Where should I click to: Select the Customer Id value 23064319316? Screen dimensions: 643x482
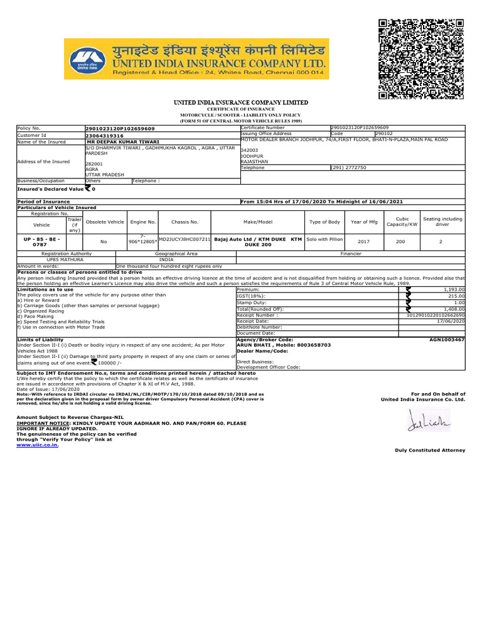[x=104, y=135]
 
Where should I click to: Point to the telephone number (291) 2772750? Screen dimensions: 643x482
[x=348, y=168]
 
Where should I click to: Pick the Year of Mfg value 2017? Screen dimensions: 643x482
[x=363, y=240]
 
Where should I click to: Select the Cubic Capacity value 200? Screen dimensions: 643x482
[x=400, y=240]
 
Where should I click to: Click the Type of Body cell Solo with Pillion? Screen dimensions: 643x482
[x=324, y=240]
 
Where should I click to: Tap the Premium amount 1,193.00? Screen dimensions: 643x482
[x=454, y=289]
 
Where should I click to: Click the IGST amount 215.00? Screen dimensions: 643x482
[x=456, y=296]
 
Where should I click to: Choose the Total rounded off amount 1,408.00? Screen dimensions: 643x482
[x=454, y=309]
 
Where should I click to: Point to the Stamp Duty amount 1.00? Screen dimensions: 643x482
[x=459, y=302]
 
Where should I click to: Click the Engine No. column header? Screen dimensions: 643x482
[x=142, y=222]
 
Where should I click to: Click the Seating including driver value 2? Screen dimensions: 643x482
[x=442, y=240]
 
